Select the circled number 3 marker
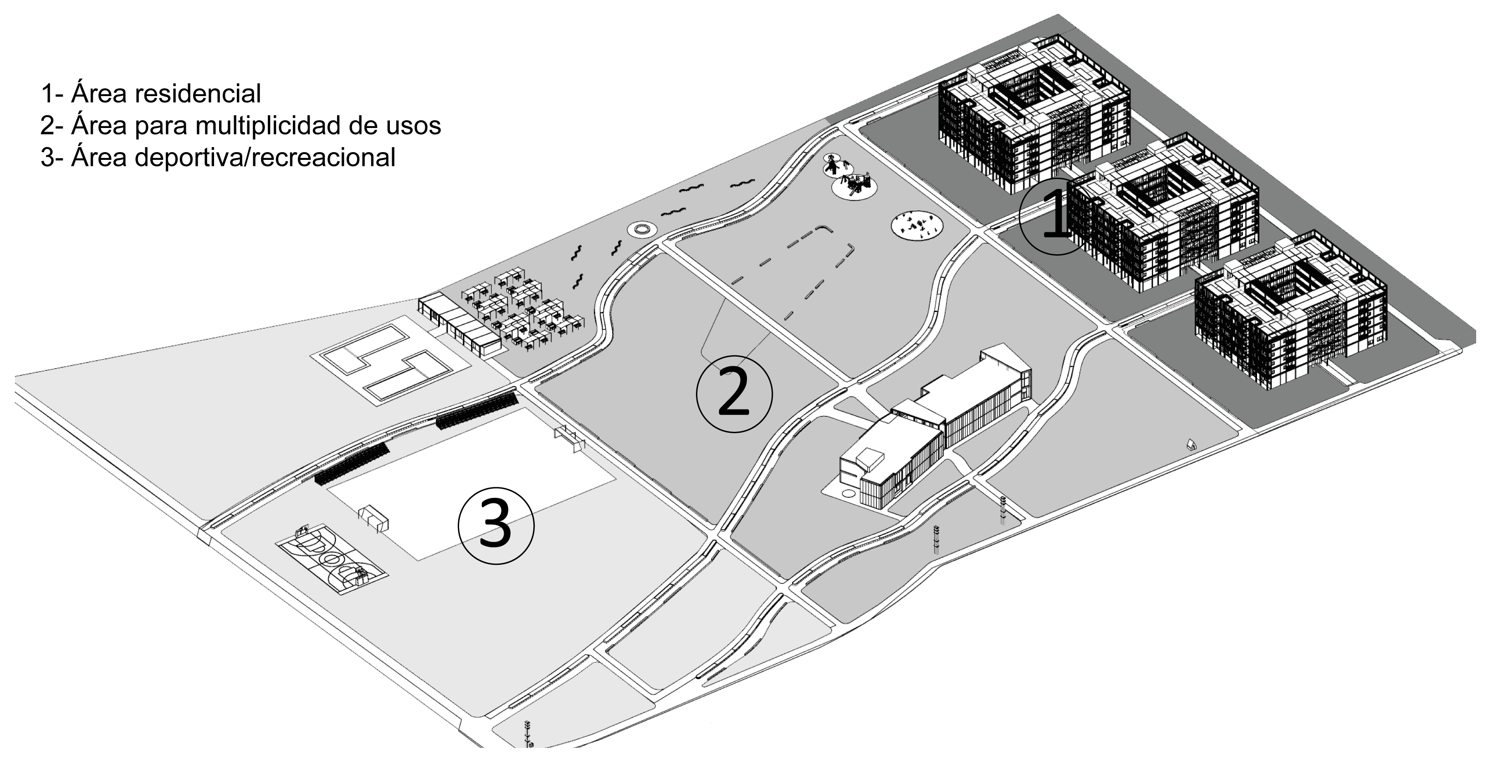click(x=496, y=526)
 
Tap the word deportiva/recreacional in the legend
click(x=265, y=157)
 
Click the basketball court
click(x=331, y=558)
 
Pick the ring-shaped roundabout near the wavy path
click(x=641, y=230)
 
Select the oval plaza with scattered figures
click(x=917, y=225)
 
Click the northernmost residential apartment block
click(x=1034, y=113)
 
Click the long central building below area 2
click(x=936, y=428)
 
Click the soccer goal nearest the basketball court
click(x=373, y=519)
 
